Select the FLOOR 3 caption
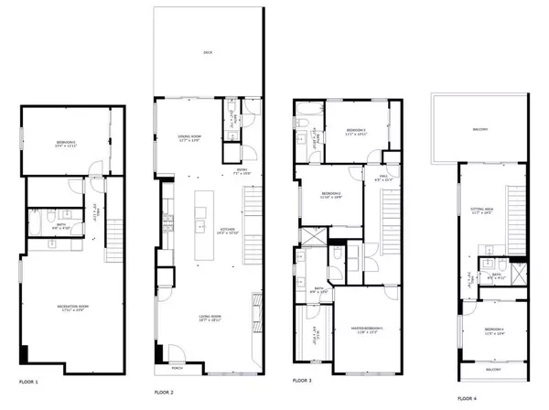[304, 379]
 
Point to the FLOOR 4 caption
[467, 397]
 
